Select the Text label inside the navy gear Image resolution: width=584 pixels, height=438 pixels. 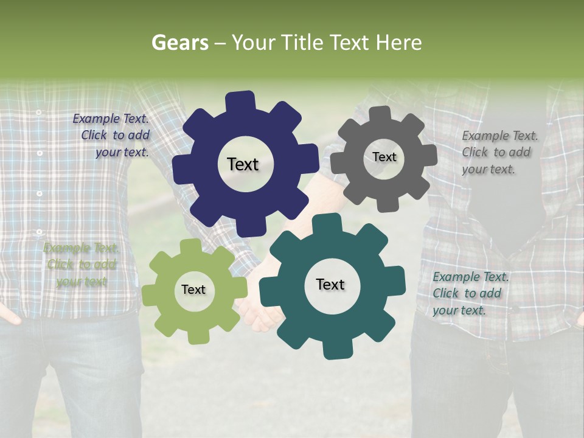[x=243, y=164]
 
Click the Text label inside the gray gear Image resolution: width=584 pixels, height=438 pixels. [x=384, y=157]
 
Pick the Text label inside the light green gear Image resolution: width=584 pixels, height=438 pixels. [x=193, y=290]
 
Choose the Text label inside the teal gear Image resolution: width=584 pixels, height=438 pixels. [x=330, y=285]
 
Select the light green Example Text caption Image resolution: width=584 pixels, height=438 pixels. [x=81, y=265]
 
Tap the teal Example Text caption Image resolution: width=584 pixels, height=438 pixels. [x=468, y=293]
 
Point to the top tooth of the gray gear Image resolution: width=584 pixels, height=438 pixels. [x=380, y=115]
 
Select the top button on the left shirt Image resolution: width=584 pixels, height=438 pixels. [x=38, y=113]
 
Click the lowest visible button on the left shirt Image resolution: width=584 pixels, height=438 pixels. [x=40, y=232]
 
